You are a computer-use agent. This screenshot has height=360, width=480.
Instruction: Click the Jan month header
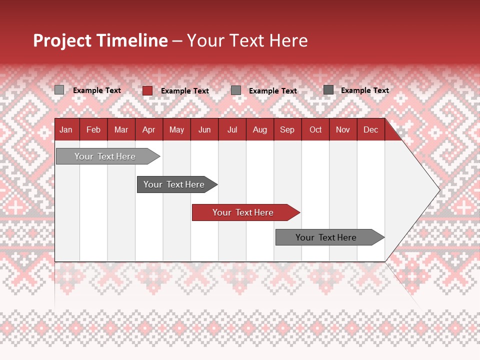[x=66, y=130]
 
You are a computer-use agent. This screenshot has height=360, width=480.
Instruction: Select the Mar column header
[x=121, y=130]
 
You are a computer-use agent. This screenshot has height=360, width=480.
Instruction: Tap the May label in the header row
[x=176, y=130]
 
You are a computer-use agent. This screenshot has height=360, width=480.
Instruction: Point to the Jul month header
[x=232, y=130]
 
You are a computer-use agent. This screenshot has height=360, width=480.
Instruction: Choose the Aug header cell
[x=259, y=130]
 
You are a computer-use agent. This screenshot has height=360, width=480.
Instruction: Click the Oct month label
[x=315, y=130]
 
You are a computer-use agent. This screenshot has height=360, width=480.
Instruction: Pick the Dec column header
[x=370, y=130]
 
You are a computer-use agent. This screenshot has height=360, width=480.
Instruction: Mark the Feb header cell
[x=93, y=130]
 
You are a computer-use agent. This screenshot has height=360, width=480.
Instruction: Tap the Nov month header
[x=343, y=130]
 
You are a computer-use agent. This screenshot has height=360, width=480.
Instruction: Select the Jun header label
[x=204, y=130]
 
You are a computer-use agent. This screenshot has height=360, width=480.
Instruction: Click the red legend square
[x=147, y=90]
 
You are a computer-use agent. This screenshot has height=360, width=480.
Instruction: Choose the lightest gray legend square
[x=59, y=90]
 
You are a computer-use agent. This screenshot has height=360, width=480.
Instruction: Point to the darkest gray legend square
[x=328, y=90]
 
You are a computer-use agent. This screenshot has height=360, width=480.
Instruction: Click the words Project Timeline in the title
[x=100, y=40]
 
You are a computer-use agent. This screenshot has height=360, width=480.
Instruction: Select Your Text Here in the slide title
[x=247, y=40]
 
